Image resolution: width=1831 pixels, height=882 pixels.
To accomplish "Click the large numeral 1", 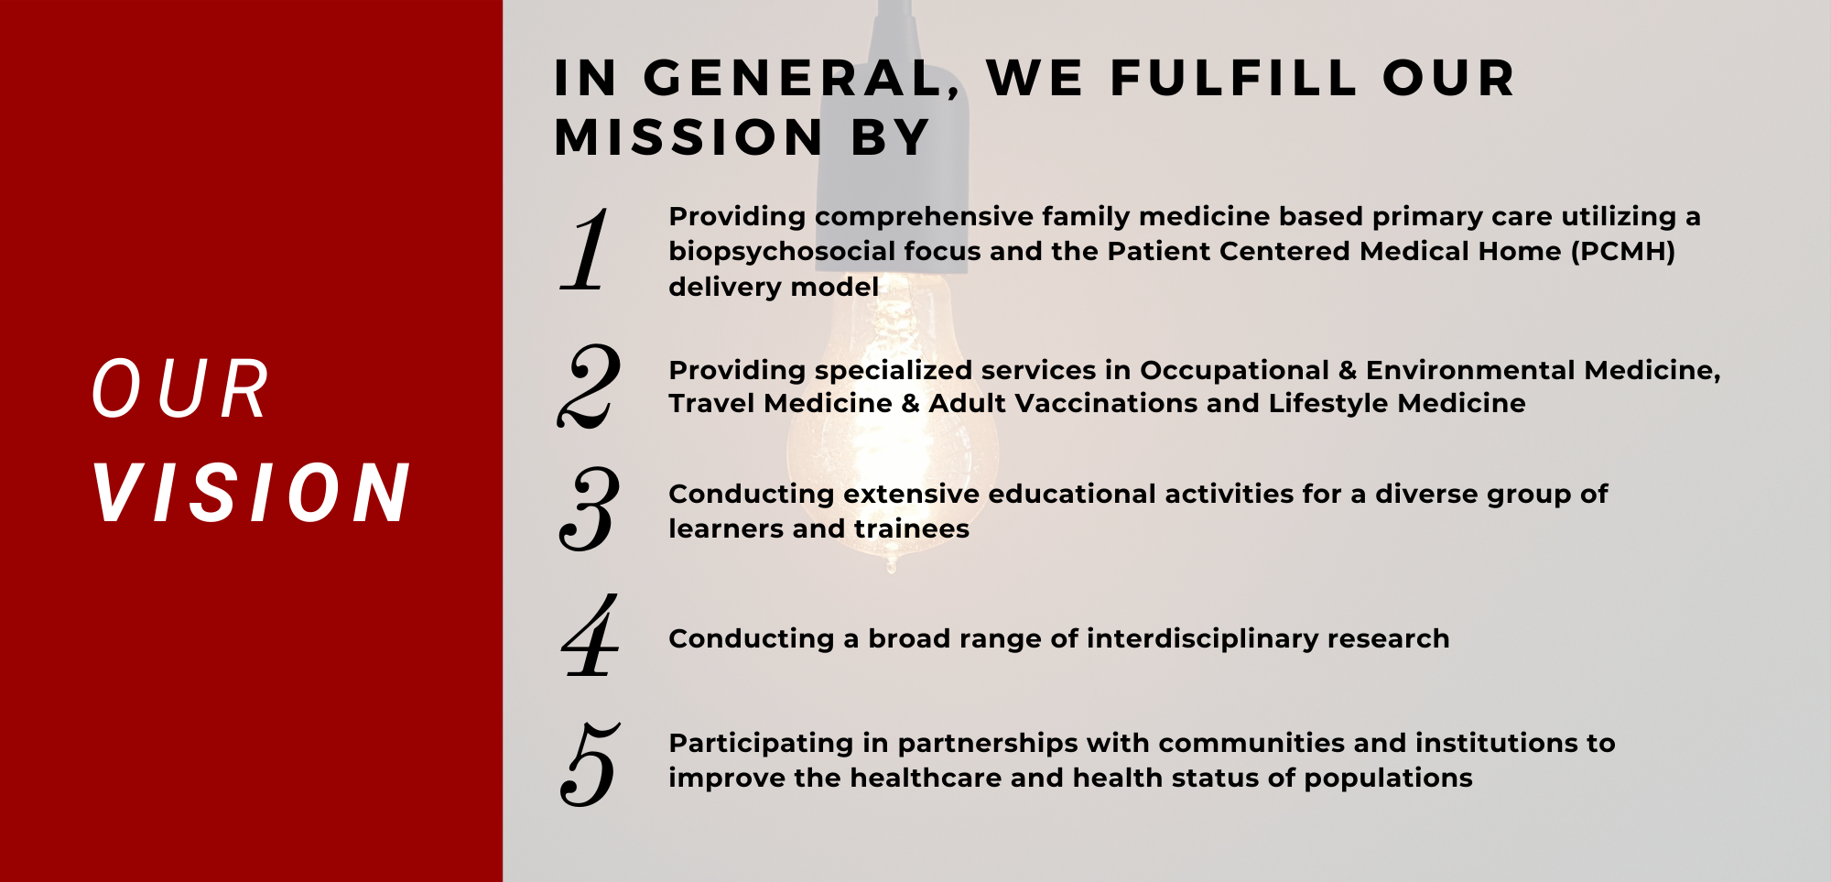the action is (586, 249).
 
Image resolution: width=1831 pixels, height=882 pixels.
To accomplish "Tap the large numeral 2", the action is (589, 387).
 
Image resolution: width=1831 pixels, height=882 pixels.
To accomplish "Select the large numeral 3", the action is (589, 509).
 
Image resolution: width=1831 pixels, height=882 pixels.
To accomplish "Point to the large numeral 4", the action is (590, 635).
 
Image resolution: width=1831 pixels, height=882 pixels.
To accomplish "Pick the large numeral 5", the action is (590, 765).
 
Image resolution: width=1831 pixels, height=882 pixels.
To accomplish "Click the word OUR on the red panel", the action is (180, 389).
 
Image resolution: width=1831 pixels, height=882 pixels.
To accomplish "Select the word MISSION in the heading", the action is (689, 137).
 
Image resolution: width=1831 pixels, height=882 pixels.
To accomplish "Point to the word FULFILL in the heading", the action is (1234, 78).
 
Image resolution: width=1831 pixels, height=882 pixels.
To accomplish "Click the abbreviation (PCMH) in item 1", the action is (1623, 251).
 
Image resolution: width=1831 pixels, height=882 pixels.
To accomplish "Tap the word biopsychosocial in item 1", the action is (782, 252).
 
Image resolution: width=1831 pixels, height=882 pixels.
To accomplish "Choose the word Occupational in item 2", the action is (1234, 371).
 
